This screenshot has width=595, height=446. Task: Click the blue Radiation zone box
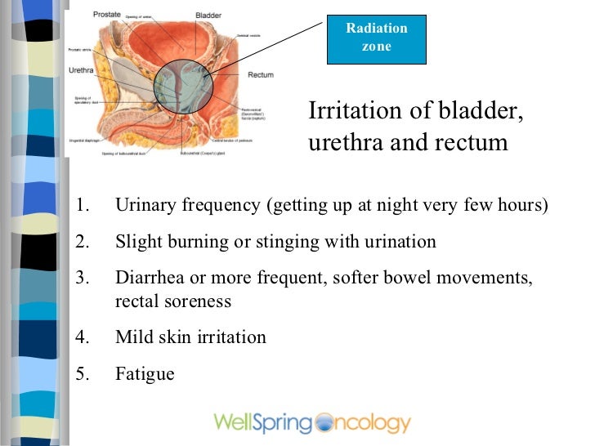click(x=376, y=37)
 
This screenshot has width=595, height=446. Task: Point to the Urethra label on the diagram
click(x=80, y=70)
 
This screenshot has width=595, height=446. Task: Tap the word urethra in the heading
click(x=339, y=143)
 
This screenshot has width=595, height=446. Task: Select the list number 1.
click(x=80, y=204)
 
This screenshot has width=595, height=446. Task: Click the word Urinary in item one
click(x=142, y=204)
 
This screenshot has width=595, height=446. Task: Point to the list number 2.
click(x=80, y=242)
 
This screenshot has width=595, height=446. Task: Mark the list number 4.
click(x=80, y=337)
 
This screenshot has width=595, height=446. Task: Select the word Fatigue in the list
click(x=145, y=374)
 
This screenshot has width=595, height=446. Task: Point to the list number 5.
click(x=80, y=374)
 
